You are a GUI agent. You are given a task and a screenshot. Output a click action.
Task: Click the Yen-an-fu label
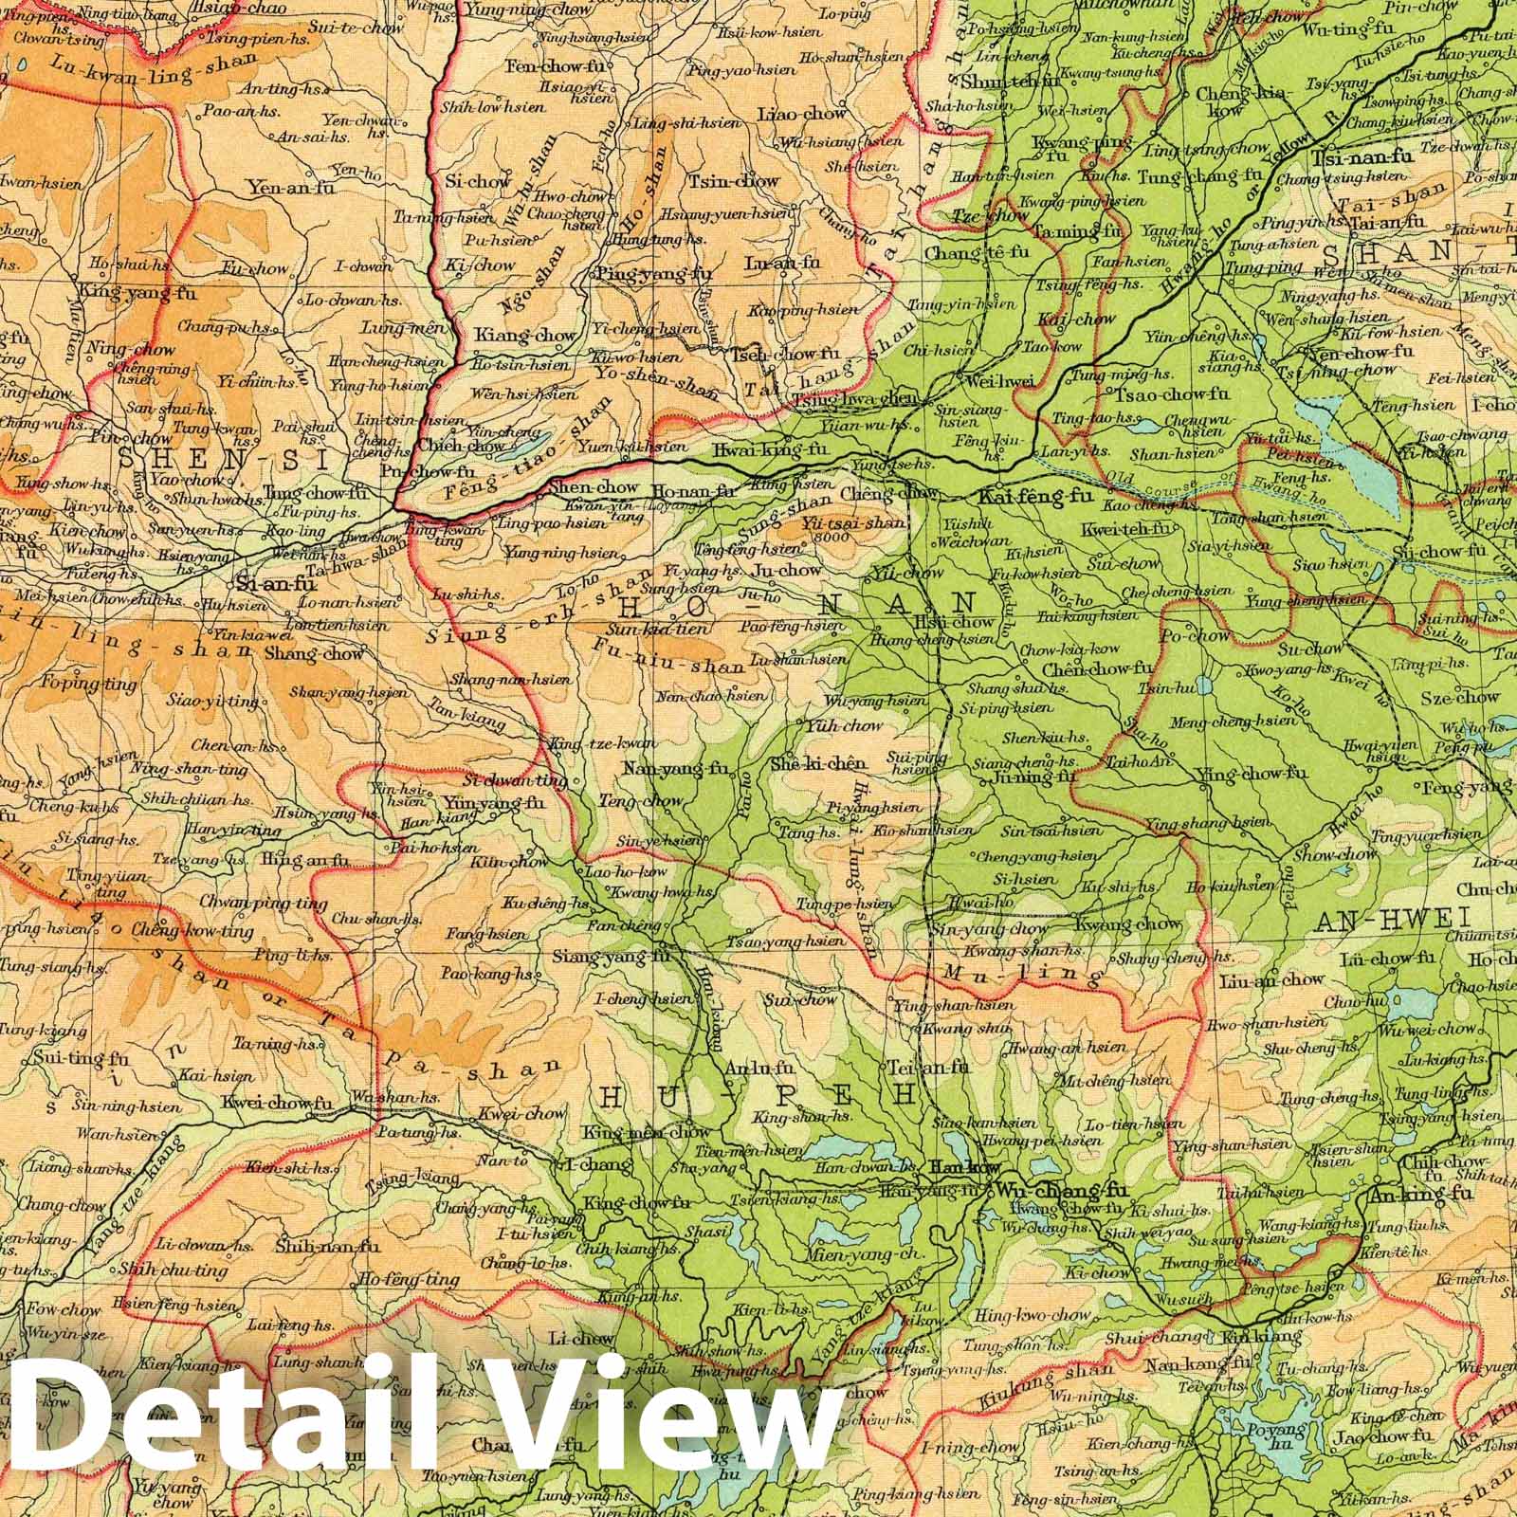(x=290, y=188)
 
